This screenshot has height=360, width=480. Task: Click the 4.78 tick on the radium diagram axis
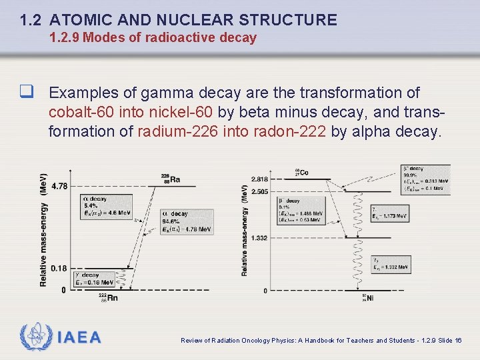pos(59,186)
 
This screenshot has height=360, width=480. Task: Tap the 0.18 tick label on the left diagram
pos(59,268)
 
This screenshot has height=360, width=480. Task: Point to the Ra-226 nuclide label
pos(170,178)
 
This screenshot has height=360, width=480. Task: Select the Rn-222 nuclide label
pos(108,297)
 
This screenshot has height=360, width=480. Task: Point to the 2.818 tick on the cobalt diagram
pos(260,179)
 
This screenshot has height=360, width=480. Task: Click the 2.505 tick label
pos(260,191)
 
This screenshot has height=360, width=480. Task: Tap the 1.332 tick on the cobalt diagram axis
pos(259,238)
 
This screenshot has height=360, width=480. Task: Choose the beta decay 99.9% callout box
pos(425,179)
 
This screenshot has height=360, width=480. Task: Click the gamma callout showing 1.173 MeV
pos(391,213)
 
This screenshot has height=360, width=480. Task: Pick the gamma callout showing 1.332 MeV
pos(391,264)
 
